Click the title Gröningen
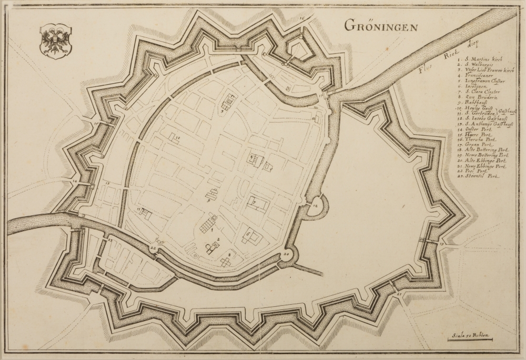[381, 25]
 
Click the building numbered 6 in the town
[251, 237]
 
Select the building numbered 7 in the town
[258, 203]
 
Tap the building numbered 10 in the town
[174, 139]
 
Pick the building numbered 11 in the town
[144, 214]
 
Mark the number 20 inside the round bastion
[287, 254]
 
